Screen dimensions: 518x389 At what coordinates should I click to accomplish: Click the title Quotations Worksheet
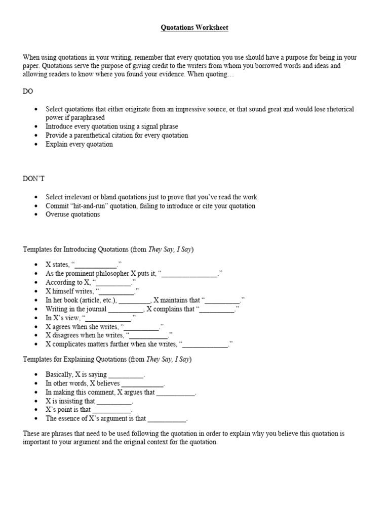(x=194, y=28)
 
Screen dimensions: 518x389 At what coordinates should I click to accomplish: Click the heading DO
(x=28, y=92)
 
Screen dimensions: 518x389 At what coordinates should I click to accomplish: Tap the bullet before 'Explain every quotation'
(x=35, y=145)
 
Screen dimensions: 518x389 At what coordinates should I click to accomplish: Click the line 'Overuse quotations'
(x=72, y=214)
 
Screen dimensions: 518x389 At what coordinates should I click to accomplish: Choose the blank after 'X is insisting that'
(x=114, y=402)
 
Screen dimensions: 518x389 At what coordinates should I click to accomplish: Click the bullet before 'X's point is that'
(x=35, y=410)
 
